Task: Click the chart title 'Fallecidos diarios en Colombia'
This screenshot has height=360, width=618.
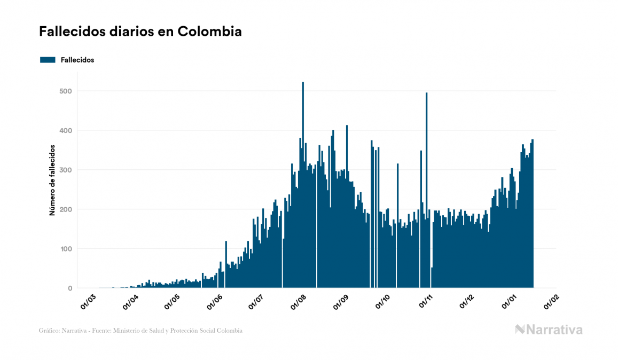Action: point(140,32)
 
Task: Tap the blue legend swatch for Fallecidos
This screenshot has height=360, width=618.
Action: point(48,60)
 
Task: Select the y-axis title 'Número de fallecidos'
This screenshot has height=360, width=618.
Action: point(52,179)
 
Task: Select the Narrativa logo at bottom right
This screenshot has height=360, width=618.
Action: point(549,330)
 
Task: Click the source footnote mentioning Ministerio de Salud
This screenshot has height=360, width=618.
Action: point(140,331)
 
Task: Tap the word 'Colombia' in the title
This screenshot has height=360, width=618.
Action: point(209,32)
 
